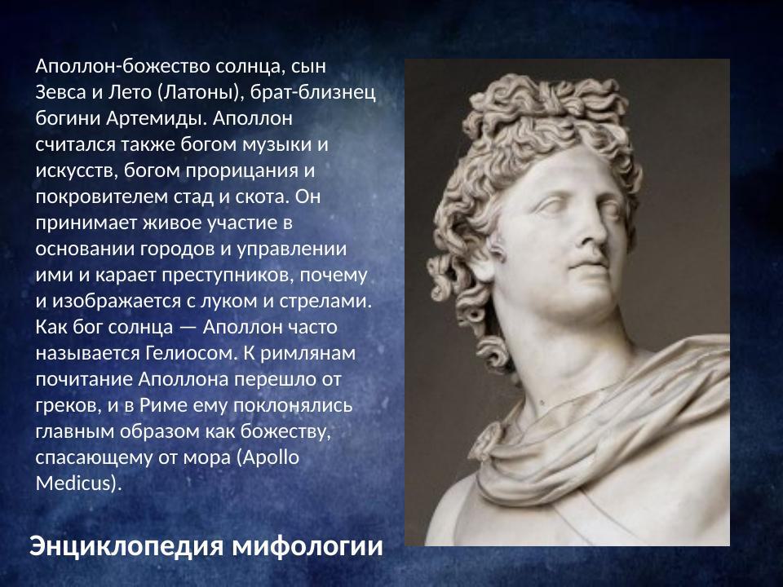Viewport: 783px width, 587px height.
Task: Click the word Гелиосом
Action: [x=193, y=354]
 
